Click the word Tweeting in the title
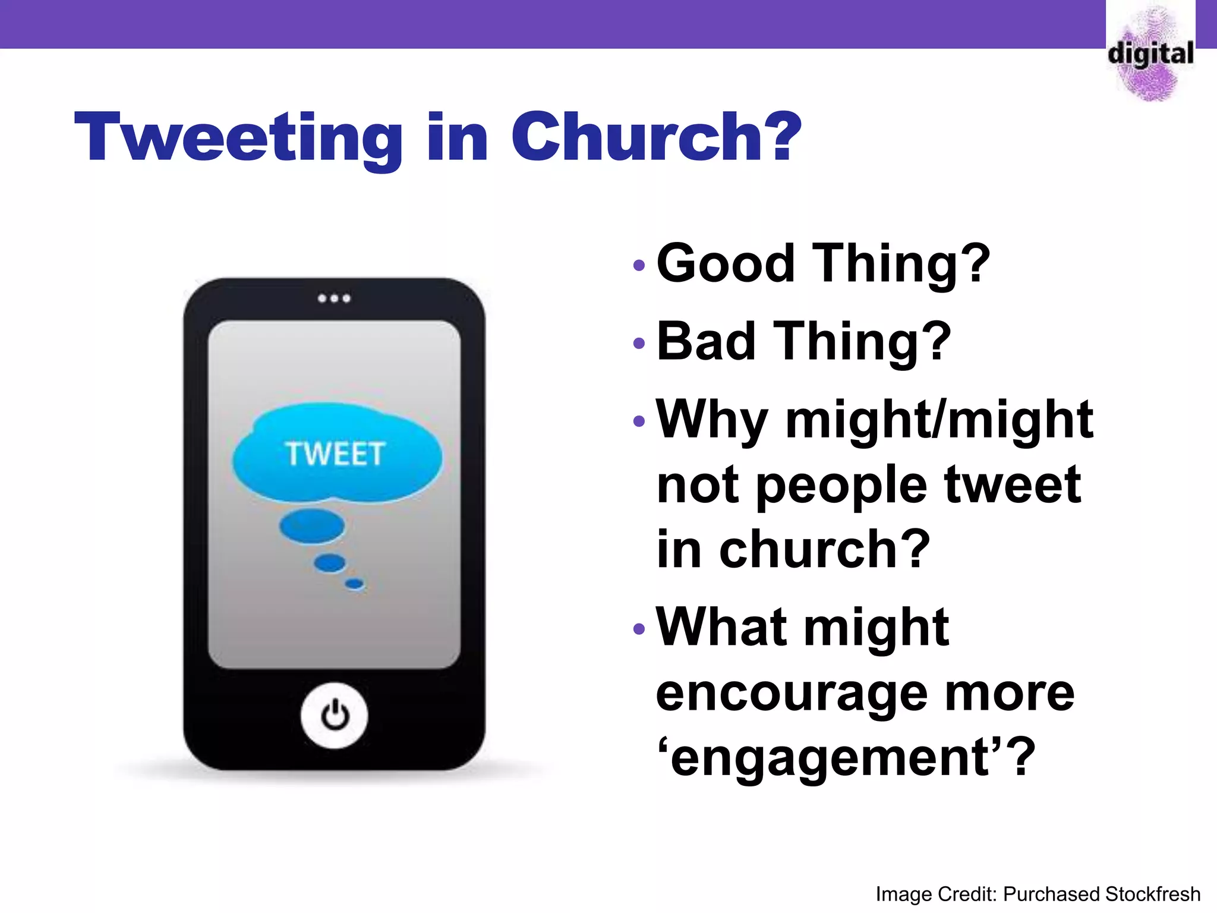238,138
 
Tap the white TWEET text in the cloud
335,454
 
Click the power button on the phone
335,715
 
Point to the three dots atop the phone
334,298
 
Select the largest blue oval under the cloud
312,526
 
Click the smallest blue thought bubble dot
355,584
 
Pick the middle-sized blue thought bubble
330,562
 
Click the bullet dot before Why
639,421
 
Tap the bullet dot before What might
639,629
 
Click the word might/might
939,420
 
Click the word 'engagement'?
846,758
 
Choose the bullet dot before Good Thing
639,265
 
